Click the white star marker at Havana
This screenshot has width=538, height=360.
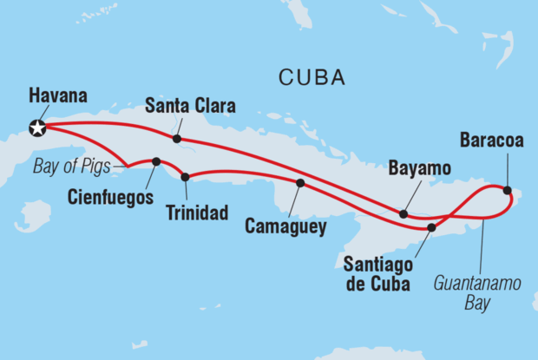coord(37,128)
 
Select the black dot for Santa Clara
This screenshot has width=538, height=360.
coord(177,139)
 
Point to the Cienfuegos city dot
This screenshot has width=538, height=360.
coord(156,161)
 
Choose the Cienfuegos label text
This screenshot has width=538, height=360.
coord(110,197)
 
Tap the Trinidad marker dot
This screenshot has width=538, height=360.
coord(185,177)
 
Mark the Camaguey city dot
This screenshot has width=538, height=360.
coord(300,183)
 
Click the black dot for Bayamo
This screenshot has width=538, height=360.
coord(403,213)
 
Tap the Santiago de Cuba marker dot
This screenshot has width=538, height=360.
coord(431,227)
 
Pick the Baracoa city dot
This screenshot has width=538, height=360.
coord(507,190)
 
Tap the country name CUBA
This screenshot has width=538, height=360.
coord(312,78)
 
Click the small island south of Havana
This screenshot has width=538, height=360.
coord(34,215)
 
